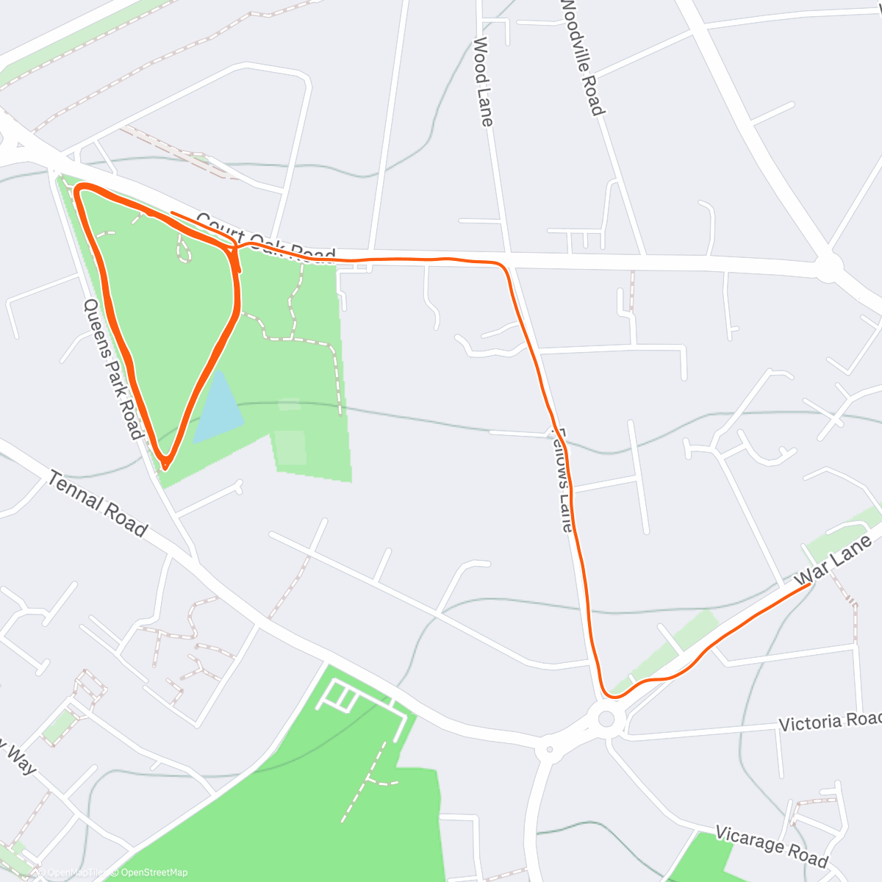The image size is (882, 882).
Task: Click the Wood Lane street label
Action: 483,82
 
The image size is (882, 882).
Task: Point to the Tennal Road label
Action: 98,504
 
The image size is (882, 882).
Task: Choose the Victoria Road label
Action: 829,722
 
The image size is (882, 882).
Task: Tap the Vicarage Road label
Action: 771,847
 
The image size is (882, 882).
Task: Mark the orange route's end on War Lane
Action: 810,585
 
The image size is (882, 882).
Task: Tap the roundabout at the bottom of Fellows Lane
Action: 606,718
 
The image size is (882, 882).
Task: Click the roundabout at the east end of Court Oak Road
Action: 830,268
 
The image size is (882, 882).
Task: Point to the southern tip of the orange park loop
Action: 166,465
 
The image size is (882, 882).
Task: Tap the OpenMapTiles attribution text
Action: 71,872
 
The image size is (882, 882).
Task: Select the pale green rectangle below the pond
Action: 291,444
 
